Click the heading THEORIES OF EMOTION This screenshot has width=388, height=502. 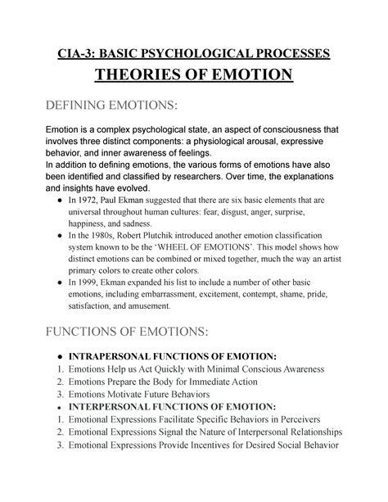(194, 79)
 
